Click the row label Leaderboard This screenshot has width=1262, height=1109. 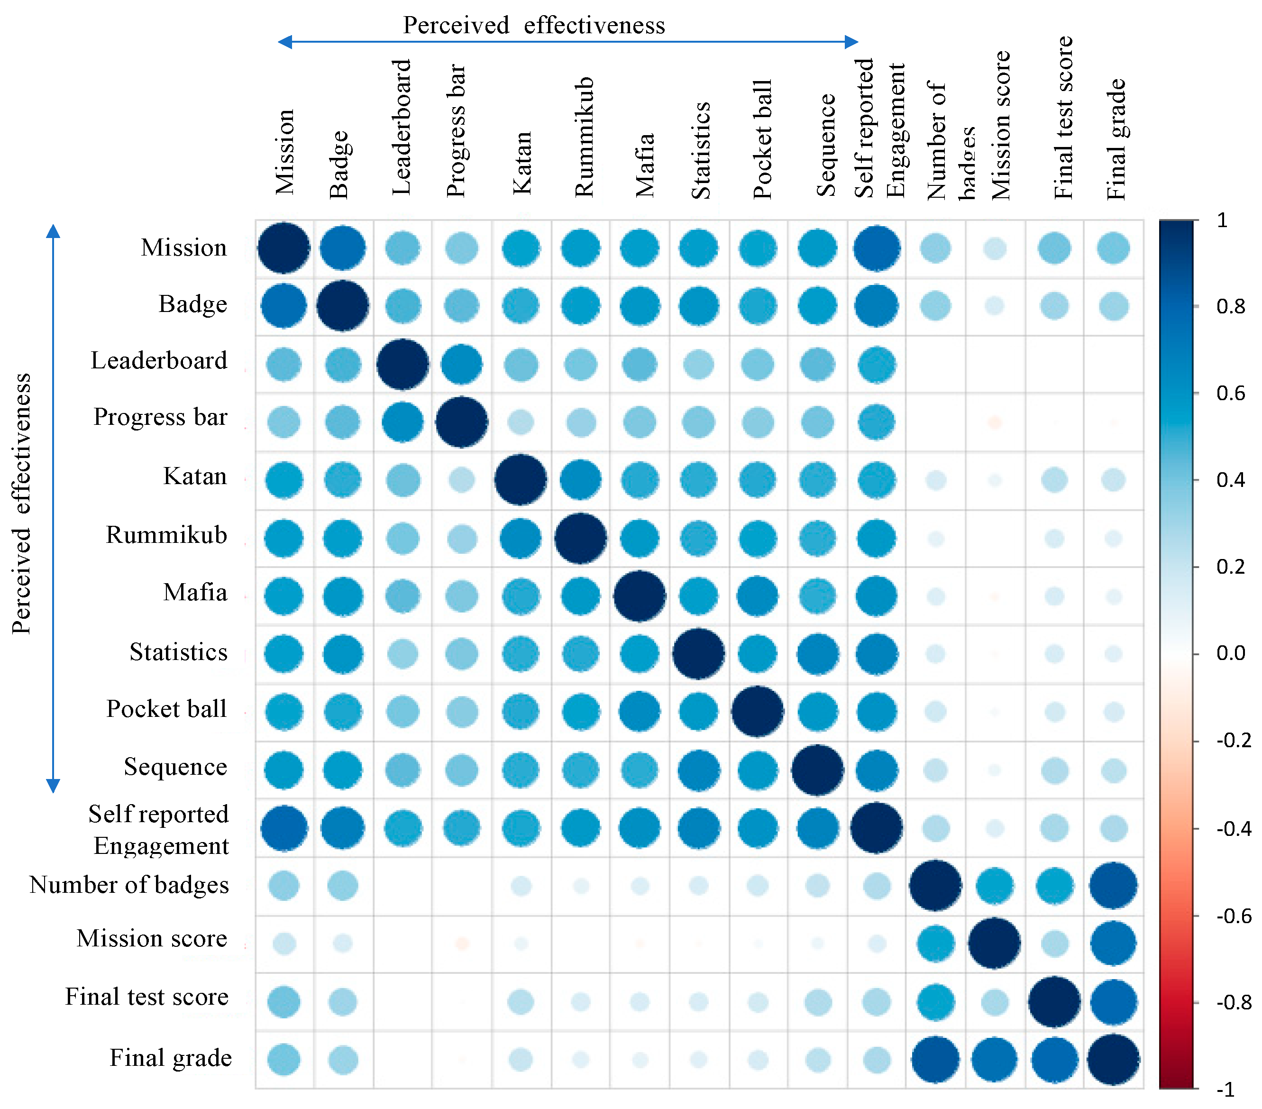[159, 361]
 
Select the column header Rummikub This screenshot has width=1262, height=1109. [584, 137]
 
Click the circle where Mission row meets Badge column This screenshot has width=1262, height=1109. [343, 248]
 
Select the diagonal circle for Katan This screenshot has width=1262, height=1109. [521, 480]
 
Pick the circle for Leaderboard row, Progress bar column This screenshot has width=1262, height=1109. [461, 364]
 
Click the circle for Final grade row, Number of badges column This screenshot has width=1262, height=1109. [935, 1060]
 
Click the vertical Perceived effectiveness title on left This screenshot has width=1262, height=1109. [22, 503]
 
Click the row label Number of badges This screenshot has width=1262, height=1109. [128, 885]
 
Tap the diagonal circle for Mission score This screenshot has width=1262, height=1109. [994, 943]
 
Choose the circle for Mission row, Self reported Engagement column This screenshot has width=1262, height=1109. [876, 248]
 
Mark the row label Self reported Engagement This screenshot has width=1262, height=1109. [159, 829]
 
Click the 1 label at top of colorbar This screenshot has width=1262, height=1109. [1222, 220]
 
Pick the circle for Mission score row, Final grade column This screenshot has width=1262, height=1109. [1113, 943]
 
